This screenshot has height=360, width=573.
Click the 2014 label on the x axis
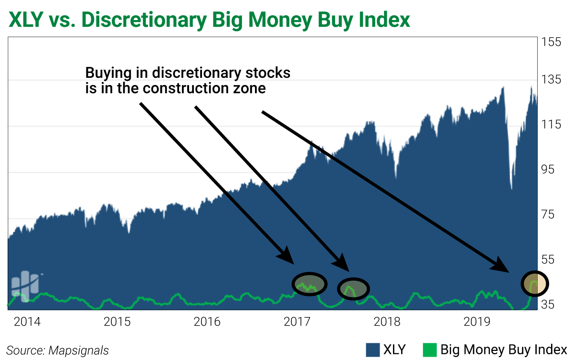[27, 321]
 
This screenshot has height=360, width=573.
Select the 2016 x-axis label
[207, 321]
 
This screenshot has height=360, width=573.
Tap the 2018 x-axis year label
[387, 321]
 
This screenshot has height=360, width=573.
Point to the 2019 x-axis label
[477, 321]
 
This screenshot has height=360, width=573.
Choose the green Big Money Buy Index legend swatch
[430, 349]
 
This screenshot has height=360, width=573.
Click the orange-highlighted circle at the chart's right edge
[534, 283]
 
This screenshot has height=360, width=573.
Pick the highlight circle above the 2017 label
[309, 284]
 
